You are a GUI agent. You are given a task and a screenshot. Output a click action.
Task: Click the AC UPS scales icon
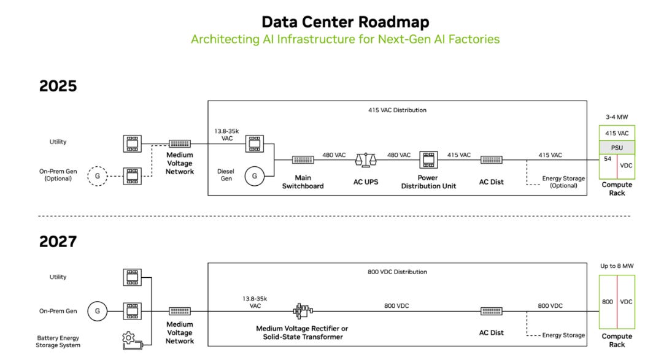click(x=366, y=160)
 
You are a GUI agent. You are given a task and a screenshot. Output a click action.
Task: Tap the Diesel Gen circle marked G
click(x=255, y=176)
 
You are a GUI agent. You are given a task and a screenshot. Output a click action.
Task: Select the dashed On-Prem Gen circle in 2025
click(x=98, y=176)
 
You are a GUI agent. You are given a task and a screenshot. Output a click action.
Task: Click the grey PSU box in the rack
click(x=617, y=148)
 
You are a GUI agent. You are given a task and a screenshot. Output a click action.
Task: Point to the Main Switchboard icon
click(x=303, y=160)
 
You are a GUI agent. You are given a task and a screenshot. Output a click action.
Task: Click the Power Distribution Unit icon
click(x=428, y=160)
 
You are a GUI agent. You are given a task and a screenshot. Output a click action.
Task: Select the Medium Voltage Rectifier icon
click(x=303, y=311)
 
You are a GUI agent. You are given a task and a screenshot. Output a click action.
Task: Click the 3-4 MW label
click(x=617, y=117)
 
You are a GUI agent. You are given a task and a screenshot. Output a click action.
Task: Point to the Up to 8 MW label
click(x=617, y=266)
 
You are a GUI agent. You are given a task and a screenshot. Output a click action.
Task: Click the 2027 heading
click(x=58, y=242)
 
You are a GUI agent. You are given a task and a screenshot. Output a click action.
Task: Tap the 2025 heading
click(x=58, y=86)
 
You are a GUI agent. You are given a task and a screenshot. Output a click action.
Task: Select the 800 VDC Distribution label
click(x=397, y=272)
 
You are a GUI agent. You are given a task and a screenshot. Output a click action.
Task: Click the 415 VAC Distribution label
click(x=397, y=110)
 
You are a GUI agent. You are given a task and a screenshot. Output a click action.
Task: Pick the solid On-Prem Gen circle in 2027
click(x=98, y=311)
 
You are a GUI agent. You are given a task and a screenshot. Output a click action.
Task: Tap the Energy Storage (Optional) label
click(x=563, y=182)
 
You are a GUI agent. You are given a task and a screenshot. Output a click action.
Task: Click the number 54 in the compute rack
click(x=608, y=159)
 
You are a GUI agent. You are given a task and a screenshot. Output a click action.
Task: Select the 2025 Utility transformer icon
click(x=132, y=144)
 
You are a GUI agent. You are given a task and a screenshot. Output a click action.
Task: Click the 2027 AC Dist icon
click(x=491, y=311)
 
